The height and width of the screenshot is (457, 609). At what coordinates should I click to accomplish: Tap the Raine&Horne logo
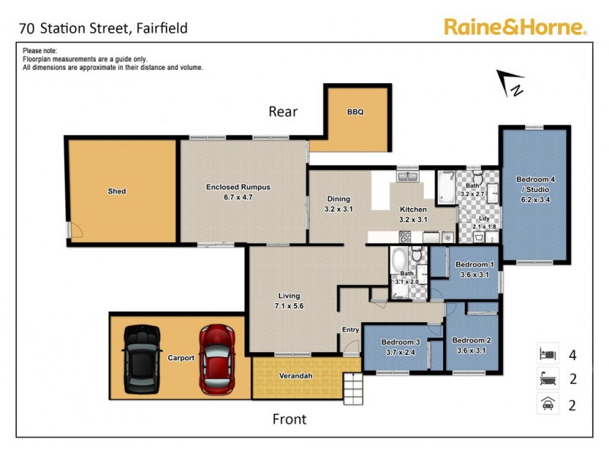click(515, 28)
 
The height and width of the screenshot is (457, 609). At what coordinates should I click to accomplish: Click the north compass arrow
click(510, 83)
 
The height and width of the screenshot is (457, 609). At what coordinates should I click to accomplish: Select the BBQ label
click(356, 112)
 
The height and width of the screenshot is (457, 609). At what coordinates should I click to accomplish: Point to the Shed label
click(116, 191)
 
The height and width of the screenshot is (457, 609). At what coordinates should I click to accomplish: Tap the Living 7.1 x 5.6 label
click(289, 300)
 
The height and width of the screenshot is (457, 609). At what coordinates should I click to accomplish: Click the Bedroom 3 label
click(401, 347)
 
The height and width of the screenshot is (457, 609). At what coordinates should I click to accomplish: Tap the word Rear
click(282, 112)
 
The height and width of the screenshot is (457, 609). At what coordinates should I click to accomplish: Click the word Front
click(289, 419)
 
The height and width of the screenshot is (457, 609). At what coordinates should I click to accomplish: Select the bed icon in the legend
click(547, 354)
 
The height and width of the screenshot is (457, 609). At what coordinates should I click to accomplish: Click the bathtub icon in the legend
click(547, 379)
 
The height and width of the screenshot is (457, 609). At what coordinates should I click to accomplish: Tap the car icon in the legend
click(547, 404)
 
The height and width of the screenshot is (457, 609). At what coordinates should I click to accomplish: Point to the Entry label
click(350, 330)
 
